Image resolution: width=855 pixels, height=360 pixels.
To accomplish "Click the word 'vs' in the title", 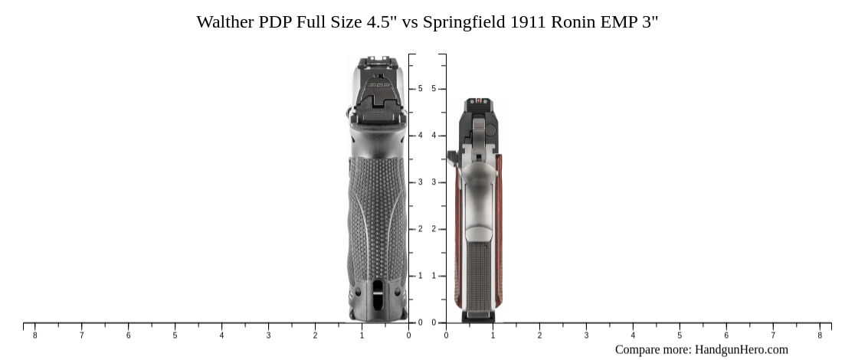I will [x=410, y=21].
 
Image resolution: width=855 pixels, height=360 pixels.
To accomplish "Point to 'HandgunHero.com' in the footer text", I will [x=741, y=349].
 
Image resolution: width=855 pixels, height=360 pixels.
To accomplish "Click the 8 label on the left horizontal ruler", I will [x=34, y=335].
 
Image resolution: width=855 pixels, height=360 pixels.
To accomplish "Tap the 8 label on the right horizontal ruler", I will [x=820, y=335].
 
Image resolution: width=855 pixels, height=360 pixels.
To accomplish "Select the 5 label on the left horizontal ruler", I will [x=175, y=335].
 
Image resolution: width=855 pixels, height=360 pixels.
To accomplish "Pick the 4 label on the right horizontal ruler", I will [x=633, y=335].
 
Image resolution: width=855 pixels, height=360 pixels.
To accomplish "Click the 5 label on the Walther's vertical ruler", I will [x=420, y=89].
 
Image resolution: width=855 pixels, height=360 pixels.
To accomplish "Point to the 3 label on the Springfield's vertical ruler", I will [x=434, y=182].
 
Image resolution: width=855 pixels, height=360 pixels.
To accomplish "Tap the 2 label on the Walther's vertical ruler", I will [x=420, y=229].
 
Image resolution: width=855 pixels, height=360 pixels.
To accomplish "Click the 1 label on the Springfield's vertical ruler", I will [x=434, y=276].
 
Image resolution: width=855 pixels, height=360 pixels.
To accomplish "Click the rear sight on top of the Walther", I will [x=375, y=61].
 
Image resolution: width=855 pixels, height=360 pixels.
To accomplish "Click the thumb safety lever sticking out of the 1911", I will [x=452, y=157].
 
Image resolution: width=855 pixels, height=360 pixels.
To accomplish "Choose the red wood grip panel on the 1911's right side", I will [x=498, y=230].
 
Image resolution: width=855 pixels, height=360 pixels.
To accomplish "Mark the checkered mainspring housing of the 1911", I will [x=478, y=276].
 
